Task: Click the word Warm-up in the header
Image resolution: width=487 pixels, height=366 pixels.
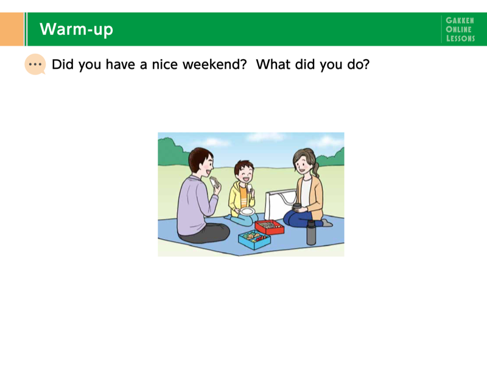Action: pyautogui.click(x=77, y=29)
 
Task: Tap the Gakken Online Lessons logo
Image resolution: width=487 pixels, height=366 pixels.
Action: pyautogui.click(x=460, y=29)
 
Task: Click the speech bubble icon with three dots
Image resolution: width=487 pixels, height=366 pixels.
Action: pyautogui.click(x=35, y=65)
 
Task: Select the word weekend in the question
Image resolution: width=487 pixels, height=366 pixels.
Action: pyautogui.click(x=215, y=65)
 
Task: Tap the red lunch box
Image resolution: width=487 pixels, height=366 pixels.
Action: pyautogui.click(x=270, y=227)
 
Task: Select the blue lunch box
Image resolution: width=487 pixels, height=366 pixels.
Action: pyautogui.click(x=254, y=239)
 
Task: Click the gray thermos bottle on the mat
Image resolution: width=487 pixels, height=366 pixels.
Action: pyautogui.click(x=311, y=232)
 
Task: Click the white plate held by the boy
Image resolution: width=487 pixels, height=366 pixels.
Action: pyautogui.click(x=248, y=212)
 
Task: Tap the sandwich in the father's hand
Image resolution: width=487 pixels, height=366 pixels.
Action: pyautogui.click(x=214, y=182)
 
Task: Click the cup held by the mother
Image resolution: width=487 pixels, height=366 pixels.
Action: pyautogui.click(x=297, y=207)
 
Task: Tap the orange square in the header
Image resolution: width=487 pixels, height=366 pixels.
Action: pyautogui.click(x=12, y=29)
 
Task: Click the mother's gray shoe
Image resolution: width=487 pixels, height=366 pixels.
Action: pyautogui.click(x=327, y=223)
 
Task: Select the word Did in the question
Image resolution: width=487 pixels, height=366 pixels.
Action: pyautogui.click(x=63, y=65)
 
